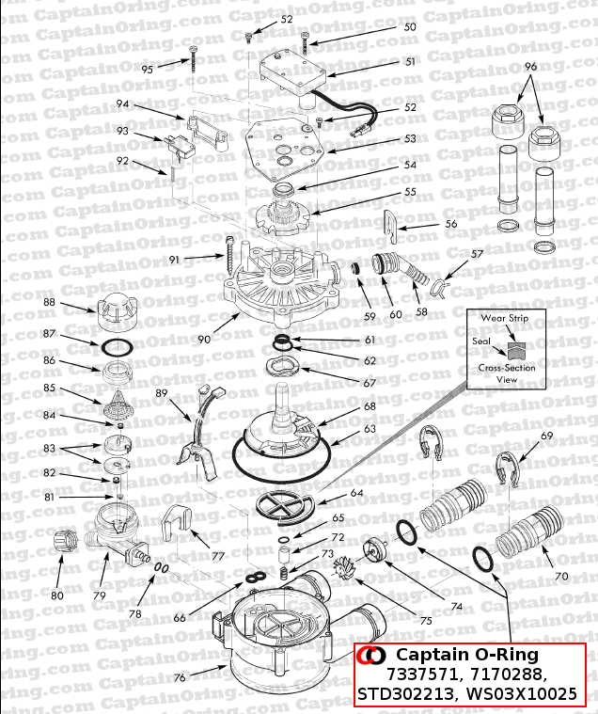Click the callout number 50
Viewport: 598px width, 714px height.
[409, 27]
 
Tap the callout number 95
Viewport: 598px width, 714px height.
[148, 69]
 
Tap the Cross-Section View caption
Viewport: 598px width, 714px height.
[507, 373]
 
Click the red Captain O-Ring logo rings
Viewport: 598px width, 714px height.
[373, 655]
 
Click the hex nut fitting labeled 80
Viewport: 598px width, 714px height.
[66, 543]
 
